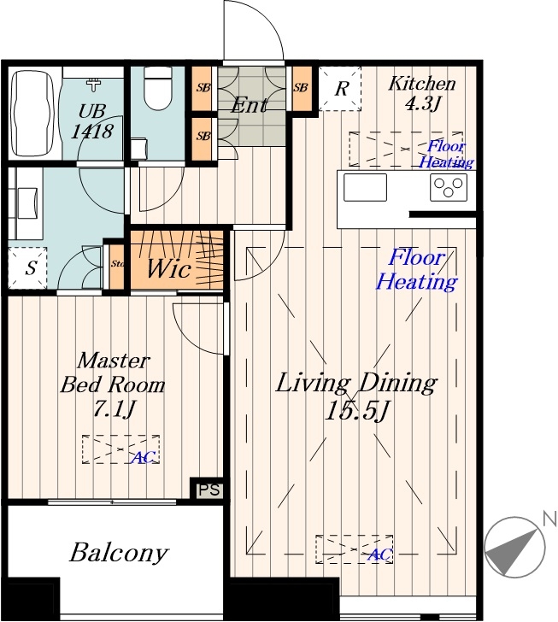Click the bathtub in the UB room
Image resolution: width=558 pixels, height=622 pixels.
33,114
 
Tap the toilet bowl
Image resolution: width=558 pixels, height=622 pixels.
157,88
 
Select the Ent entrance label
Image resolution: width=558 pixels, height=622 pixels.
250,105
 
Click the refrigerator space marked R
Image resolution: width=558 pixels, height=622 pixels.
340,89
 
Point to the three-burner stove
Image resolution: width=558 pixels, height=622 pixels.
449,187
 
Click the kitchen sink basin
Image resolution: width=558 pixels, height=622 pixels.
365,187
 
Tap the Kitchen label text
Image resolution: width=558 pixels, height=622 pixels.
421,84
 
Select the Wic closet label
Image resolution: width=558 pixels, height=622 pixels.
168,268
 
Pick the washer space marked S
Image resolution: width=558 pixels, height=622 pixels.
27,267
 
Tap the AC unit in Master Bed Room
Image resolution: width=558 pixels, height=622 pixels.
120,449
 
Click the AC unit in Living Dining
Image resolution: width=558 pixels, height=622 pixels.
355,549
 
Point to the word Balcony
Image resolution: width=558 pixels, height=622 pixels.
119,553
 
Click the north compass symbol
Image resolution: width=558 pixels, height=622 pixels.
515,547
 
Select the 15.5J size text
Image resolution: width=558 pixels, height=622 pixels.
355,411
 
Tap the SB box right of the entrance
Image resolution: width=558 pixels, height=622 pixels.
302,88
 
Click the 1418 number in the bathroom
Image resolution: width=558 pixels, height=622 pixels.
92,132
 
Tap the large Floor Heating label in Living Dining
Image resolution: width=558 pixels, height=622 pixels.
417,270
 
